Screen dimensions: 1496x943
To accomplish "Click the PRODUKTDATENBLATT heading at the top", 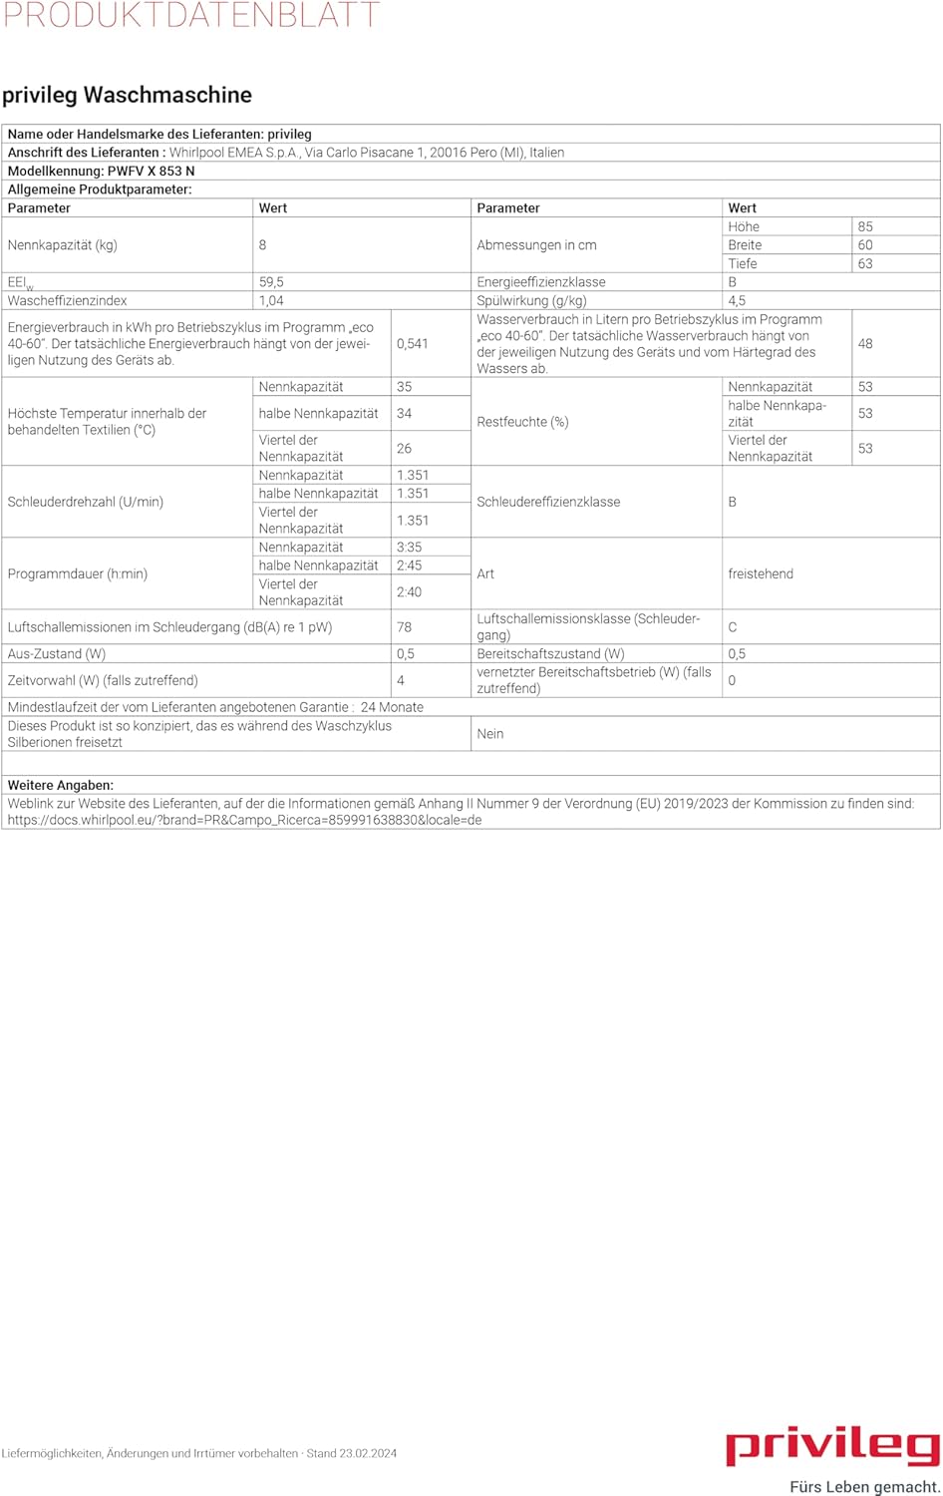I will pyautogui.click(x=190, y=15).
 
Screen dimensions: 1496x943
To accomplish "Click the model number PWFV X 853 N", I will pyautogui.click(x=151, y=171).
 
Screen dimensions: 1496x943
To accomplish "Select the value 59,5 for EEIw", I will pyautogui.click(x=271, y=282).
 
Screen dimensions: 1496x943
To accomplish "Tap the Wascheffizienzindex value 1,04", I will pyautogui.click(x=271, y=300).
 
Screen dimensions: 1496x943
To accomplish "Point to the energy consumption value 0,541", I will pyautogui.click(x=412, y=343).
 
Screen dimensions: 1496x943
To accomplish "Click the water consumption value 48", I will pyautogui.click(x=865, y=343).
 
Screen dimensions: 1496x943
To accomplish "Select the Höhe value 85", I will pyautogui.click(x=865, y=226).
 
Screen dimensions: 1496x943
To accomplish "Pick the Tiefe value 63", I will pyautogui.click(x=865, y=263).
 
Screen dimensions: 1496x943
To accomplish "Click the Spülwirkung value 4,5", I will pyautogui.click(x=737, y=300).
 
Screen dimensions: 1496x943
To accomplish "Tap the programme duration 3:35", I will pyautogui.click(x=409, y=547).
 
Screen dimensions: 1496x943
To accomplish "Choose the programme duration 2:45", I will pyautogui.click(x=409, y=564).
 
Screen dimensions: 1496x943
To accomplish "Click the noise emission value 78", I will pyautogui.click(x=404, y=627).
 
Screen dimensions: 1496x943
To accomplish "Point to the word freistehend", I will pyautogui.click(x=761, y=573).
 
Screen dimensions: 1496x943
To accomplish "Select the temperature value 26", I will pyautogui.click(x=404, y=448).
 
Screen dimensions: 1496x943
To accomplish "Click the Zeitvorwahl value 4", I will pyautogui.click(x=401, y=680).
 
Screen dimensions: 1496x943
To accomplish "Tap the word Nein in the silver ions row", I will pyautogui.click(x=490, y=733).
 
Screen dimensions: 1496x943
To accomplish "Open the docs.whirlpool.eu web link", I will pyautogui.click(x=244, y=820).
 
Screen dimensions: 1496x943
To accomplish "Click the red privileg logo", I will pyautogui.click(x=832, y=1445).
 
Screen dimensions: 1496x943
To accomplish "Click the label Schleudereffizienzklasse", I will pyautogui.click(x=548, y=502).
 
